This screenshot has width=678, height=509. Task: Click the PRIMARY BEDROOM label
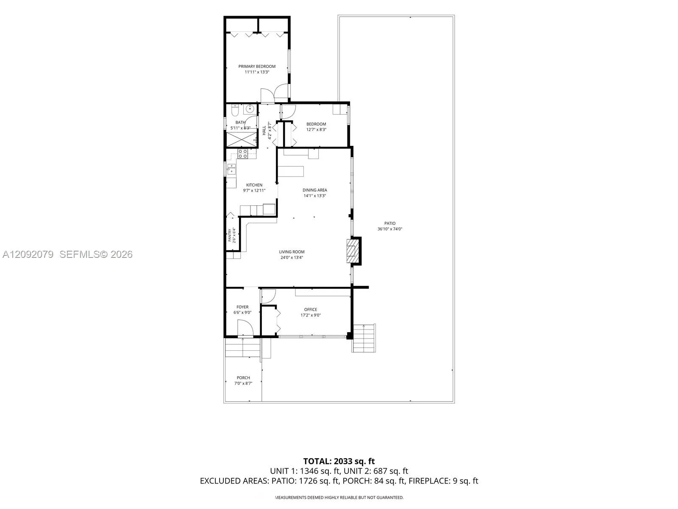(x=257, y=67)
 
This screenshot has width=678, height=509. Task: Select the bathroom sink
(x=250, y=109)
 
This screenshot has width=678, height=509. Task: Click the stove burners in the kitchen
(x=242, y=154)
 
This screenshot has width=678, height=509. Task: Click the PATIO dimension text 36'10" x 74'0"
(x=390, y=229)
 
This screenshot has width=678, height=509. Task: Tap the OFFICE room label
(x=311, y=309)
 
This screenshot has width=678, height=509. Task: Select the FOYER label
(x=242, y=307)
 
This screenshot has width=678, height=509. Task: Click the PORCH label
(x=243, y=378)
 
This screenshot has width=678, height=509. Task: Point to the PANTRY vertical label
(x=230, y=235)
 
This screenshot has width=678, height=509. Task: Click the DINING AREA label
(x=315, y=190)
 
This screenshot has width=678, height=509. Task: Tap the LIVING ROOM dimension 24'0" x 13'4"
(x=292, y=257)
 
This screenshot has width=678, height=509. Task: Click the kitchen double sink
(x=231, y=169)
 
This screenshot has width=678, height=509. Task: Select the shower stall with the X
(x=242, y=140)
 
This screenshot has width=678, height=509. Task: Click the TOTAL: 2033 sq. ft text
(x=339, y=461)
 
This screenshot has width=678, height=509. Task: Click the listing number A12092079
(x=28, y=255)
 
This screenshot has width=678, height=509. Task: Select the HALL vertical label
(x=264, y=130)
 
